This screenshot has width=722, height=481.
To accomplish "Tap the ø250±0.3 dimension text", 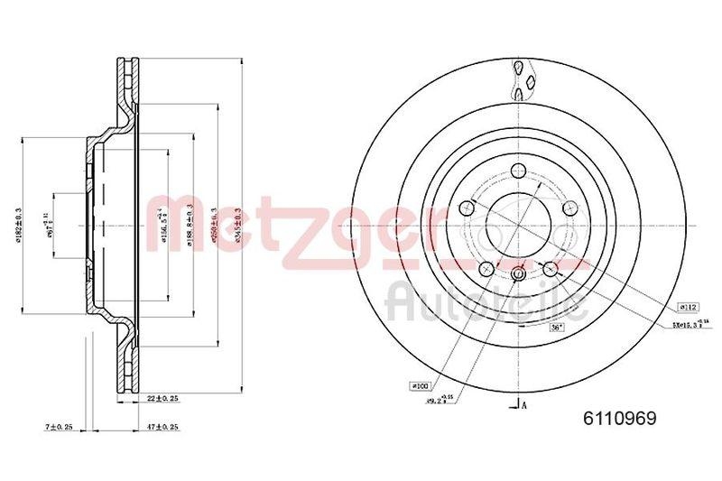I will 214,222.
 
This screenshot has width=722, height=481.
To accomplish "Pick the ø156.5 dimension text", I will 162,223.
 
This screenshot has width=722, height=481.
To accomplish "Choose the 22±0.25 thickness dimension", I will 162,397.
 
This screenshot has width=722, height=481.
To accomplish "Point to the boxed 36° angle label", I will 557,328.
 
